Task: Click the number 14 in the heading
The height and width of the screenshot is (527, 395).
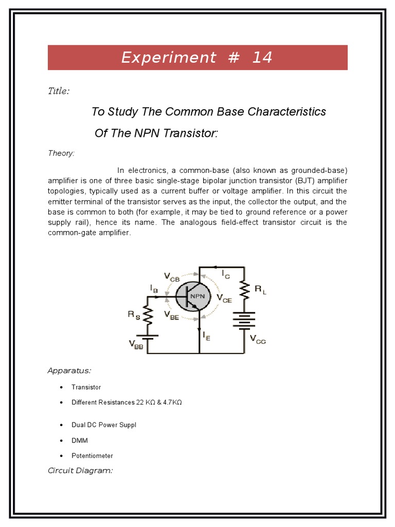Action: click(262, 58)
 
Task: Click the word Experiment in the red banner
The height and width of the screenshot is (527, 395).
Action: click(169, 58)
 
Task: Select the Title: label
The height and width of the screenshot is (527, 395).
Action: click(59, 91)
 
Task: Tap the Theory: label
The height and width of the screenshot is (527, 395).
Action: click(61, 153)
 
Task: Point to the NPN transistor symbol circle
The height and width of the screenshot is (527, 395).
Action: click(192, 296)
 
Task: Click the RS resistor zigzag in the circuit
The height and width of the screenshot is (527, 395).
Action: click(148, 315)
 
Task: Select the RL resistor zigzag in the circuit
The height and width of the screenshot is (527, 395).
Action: click(244, 290)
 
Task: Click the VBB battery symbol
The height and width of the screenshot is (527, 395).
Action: click(148, 338)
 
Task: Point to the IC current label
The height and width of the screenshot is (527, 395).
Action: click(226, 275)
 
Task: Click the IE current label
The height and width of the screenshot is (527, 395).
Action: click(207, 336)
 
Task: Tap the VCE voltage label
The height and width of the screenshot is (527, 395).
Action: click(224, 298)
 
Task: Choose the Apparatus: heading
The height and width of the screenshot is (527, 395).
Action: click(69, 371)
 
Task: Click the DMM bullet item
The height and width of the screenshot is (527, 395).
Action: click(80, 441)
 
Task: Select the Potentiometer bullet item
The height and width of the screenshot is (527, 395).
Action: click(92, 456)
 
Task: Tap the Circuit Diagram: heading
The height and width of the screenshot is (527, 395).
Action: click(80, 470)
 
